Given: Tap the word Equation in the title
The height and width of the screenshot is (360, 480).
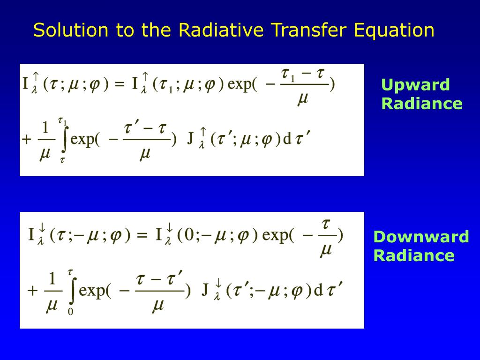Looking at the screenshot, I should pos(394,30).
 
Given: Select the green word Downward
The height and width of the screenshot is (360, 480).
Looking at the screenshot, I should pos(420,237).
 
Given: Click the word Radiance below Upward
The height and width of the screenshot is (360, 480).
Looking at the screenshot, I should pos(421,104).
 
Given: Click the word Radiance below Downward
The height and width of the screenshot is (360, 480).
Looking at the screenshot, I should pos(414,255).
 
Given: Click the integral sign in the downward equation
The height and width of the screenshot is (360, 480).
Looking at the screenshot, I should pos(71,291).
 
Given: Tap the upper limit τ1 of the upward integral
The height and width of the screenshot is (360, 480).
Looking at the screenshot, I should pos(62,121).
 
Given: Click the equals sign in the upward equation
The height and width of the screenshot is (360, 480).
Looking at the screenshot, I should pos(120,85).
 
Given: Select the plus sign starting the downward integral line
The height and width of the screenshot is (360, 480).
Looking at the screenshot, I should pos(32,291).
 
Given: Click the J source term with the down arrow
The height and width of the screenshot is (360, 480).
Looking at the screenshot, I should pos(205,291).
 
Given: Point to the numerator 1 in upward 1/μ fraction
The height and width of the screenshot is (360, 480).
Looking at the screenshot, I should pos(45,127).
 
